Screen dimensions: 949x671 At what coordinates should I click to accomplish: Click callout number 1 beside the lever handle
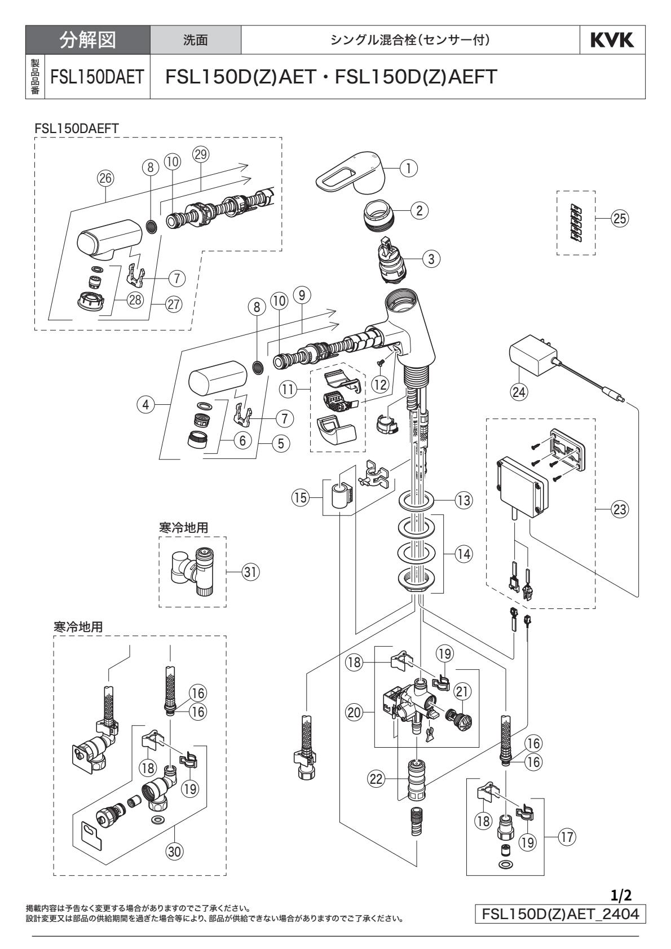click(x=409, y=167)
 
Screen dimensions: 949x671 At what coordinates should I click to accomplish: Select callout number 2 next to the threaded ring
click(x=419, y=210)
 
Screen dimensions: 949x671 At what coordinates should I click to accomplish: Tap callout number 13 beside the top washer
click(x=463, y=500)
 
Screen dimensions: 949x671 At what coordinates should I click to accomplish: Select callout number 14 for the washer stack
click(x=463, y=553)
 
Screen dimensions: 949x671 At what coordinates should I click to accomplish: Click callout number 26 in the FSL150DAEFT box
click(x=105, y=178)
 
